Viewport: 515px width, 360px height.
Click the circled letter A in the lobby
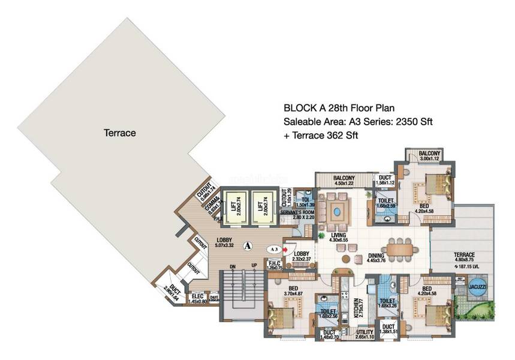pyautogui.click(x=247, y=245)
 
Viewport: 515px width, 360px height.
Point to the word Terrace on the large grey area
pyautogui.click(x=120, y=132)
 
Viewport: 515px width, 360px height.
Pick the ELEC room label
pyautogui.click(x=197, y=296)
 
